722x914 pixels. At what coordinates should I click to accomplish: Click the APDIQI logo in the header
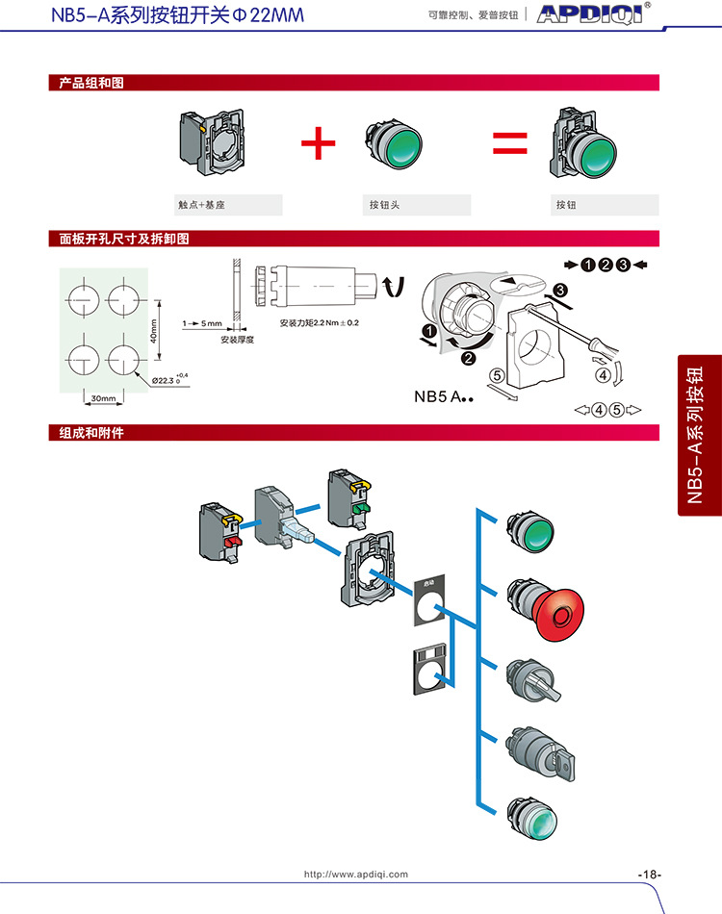tap(594, 15)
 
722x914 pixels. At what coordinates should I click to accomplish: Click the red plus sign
tap(319, 144)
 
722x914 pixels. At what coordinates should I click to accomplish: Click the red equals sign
tap(510, 144)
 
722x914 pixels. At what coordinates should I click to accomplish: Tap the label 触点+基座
tap(201, 205)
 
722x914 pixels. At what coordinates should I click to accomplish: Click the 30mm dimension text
tap(103, 397)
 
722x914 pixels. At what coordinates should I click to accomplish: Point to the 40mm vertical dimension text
tap(154, 331)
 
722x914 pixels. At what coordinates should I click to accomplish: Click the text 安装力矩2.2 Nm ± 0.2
tap(319, 322)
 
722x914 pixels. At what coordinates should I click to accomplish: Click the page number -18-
tap(650, 875)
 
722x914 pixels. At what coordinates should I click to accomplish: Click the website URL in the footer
tap(356, 875)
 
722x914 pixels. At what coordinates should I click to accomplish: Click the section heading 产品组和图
tap(87, 84)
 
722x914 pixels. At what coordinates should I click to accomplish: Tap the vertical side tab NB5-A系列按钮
tap(700, 435)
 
